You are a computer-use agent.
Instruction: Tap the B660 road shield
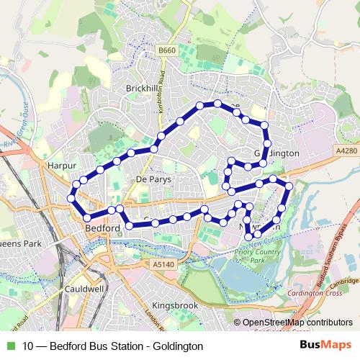click(167, 50)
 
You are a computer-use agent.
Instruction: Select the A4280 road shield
click(346, 150)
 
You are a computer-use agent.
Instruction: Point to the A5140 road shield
click(163, 265)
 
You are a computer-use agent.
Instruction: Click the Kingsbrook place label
click(175, 305)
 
